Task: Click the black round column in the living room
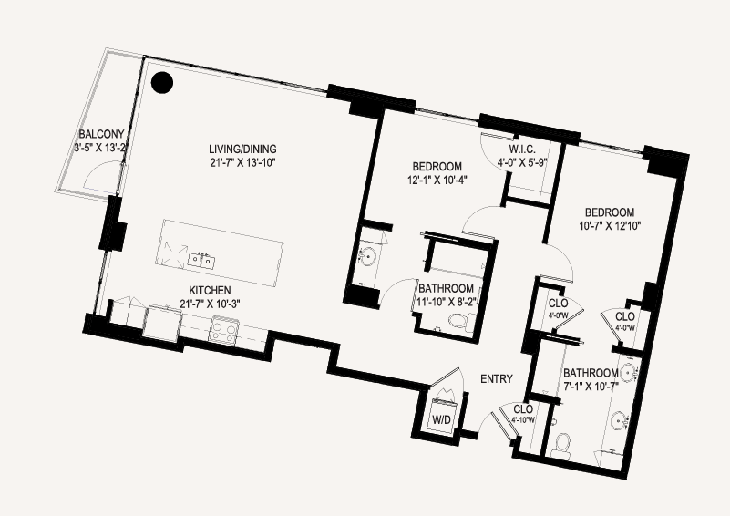click(162, 83)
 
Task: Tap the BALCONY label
click(101, 135)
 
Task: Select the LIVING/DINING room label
click(242, 149)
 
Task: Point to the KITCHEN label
click(210, 291)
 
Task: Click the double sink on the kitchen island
click(201, 261)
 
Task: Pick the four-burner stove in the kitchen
click(224, 329)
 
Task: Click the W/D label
click(442, 420)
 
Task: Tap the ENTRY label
click(497, 379)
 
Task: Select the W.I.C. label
click(522, 150)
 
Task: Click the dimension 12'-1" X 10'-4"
click(437, 180)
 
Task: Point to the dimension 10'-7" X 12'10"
click(610, 226)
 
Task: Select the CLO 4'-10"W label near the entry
click(523, 414)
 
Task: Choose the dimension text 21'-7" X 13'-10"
click(242, 162)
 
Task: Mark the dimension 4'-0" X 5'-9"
click(522, 163)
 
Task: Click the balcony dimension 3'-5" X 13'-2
click(100, 148)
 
